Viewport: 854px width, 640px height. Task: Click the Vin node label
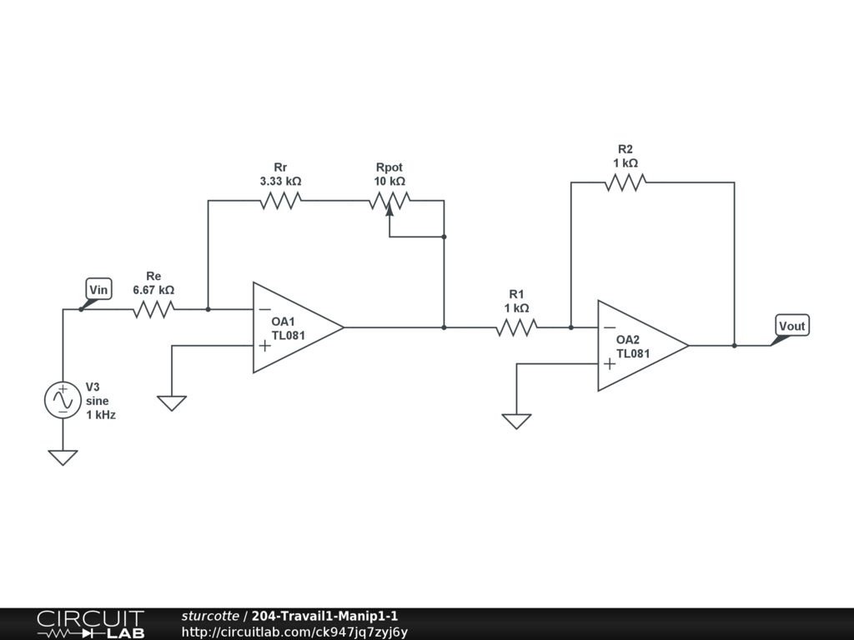tap(99, 290)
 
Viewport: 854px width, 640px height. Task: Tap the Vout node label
tap(791, 326)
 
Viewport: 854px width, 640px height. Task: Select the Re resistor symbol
tap(153, 309)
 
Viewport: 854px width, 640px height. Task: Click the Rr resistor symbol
tap(280, 200)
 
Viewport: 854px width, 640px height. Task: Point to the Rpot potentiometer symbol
tap(389, 201)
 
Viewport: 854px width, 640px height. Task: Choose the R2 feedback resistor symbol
tap(625, 182)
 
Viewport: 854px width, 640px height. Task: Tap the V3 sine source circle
tap(63, 400)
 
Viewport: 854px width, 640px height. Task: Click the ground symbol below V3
tap(63, 457)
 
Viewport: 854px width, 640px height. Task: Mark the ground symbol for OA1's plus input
tap(172, 403)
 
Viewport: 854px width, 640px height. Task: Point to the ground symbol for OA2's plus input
tap(516, 421)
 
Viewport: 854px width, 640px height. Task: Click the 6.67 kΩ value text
tap(153, 290)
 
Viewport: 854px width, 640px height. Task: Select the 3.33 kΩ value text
tap(280, 181)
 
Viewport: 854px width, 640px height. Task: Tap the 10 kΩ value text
tap(389, 181)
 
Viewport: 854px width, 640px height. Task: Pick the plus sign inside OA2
tap(610, 363)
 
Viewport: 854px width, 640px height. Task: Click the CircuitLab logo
tap(90, 624)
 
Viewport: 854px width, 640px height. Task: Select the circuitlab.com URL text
tap(294, 632)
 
